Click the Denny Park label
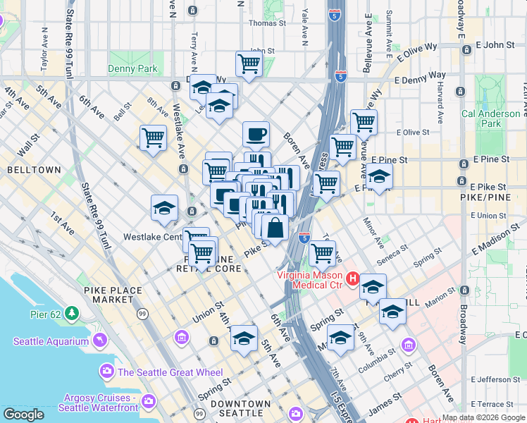pyautogui.click(x=132, y=69)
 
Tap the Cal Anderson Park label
pyautogui.click(x=490, y=118)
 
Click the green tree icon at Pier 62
pyautogui.click(x=71, y=312)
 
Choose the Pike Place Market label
pyautogui.click(x=112, y=295)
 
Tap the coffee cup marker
pyautogui.click(x=256, y=133)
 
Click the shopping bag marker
pyautogui.click(x=275, y=228)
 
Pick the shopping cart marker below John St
pyautogui.click(x=249, y=63)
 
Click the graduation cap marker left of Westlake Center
pyautogui.click(x=164, y=208)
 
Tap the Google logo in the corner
pyautogui.click(x=23, y=415)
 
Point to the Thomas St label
pyautogui.click(x=268, y=23)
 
